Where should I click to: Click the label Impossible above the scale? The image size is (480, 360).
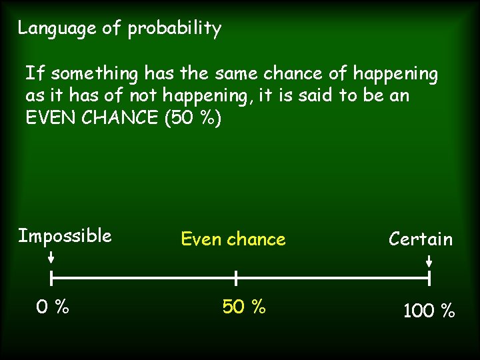(x=65, y=236)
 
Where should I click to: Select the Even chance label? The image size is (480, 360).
(x=233, y=239)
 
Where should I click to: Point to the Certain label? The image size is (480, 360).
(x=421, y=239)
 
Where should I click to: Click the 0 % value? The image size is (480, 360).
(x=53, y=307)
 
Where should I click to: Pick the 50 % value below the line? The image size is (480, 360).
(x=244, y=307)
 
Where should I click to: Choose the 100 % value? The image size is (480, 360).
(x=429, y=310)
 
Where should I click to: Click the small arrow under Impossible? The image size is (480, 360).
(x=52, y=257)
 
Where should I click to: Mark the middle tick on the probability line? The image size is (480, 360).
(x=236, y=277)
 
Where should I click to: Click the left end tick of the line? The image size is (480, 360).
(x=52, y=277)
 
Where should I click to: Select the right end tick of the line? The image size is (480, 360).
(x=429, y=277)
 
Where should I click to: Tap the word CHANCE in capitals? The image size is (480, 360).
(x=116, y=118)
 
